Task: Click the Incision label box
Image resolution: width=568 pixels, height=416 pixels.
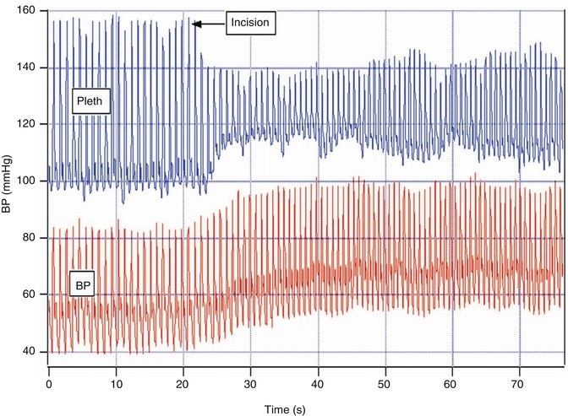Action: click(x=254, y=24)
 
